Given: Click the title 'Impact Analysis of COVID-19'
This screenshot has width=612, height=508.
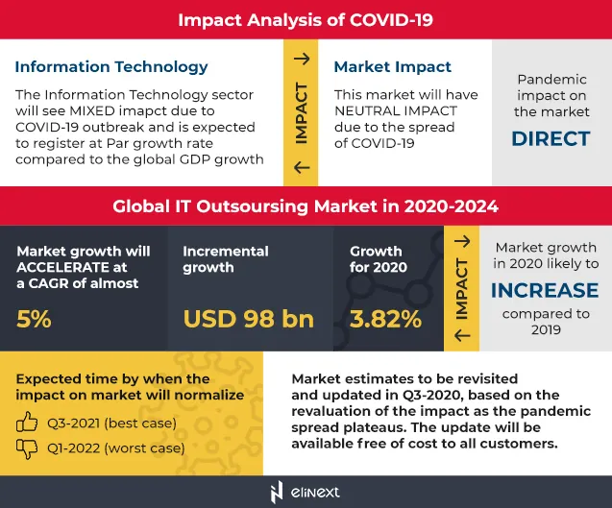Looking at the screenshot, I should pos(306,19).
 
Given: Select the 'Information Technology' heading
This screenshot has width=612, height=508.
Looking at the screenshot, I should pos(111,67).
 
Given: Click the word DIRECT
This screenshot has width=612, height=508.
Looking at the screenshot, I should pos(551,138).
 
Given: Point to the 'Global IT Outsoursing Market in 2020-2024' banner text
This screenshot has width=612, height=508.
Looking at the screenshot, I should pos(306,206).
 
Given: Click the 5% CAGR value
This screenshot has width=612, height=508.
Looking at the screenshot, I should pos(34,319).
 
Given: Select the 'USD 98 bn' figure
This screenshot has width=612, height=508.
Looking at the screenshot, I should pos(248,319).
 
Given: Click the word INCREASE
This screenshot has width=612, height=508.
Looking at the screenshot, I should pos(545,289).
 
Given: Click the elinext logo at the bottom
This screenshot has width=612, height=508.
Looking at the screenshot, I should pos(306,491).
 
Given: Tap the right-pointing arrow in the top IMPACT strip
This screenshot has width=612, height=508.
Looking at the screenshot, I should pos(301,59).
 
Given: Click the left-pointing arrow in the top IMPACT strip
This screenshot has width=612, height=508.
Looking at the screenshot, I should pos(301,168).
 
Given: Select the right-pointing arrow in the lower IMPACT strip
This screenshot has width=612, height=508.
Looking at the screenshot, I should pos(462,242).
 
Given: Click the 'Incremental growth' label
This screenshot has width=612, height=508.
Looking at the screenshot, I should pos(227,259).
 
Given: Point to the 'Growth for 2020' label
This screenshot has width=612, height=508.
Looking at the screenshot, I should pos(379,259).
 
